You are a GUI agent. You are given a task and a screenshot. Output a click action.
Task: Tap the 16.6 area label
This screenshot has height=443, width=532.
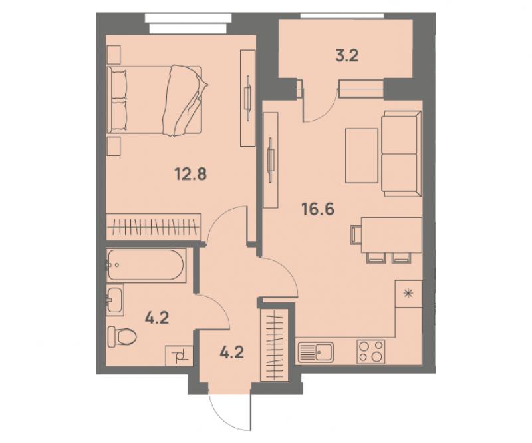click(318, 209)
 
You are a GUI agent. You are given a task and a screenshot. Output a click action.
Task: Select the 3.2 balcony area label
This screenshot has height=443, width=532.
click(347, 55)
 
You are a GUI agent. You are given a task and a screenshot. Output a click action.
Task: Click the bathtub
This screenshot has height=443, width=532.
click(146, 266)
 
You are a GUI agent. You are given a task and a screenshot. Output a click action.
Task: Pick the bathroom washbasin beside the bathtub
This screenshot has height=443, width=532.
click(115, 300)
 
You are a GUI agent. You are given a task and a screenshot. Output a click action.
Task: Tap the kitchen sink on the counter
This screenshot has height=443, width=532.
click(315, 352)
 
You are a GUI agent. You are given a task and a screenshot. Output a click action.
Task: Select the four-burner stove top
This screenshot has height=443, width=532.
click(371, 352)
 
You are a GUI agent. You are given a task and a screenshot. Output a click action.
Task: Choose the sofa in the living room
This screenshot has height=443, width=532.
click(402, 154)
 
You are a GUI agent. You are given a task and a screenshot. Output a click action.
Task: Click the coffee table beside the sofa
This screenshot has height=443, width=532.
click(362, 155)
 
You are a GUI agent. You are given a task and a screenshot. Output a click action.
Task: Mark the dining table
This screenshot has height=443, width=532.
click(392, 235)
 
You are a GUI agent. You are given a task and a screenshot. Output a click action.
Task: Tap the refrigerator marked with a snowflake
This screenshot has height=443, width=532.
click(409, 294)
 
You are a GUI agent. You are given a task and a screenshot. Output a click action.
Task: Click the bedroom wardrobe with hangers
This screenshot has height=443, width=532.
click(154, 226)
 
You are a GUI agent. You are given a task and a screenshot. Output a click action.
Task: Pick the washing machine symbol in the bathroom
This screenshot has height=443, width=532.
click(179, 356)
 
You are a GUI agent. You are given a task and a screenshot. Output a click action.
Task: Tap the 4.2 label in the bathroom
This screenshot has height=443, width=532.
click(157, 318)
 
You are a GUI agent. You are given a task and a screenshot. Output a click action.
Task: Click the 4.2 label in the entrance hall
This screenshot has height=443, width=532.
click(231, 352)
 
